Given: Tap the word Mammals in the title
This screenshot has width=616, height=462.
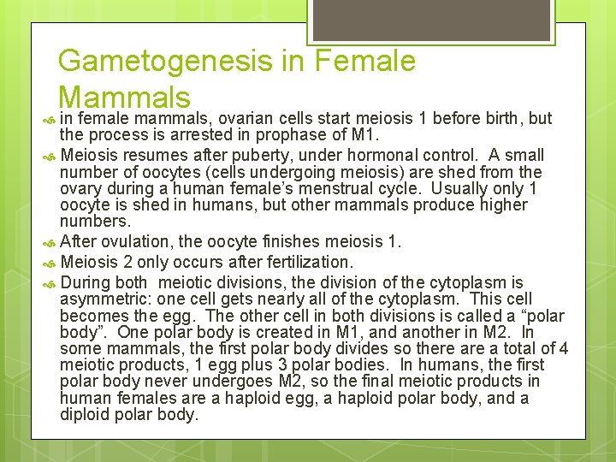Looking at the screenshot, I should click(124, 96).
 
